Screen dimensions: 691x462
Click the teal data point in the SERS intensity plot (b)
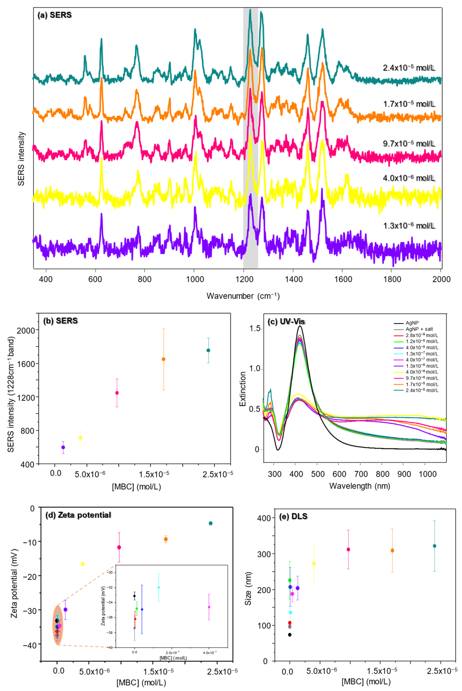pos(208,350)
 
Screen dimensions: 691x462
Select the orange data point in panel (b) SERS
pos(164,359)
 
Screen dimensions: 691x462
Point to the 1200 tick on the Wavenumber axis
pos(243,279)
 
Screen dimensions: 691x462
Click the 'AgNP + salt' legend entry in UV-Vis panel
pos(419,329)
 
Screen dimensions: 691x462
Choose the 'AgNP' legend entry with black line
pos(412,323)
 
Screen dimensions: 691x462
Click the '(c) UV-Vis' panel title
pos(286,321)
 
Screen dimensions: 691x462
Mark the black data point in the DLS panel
pos(290,634)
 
